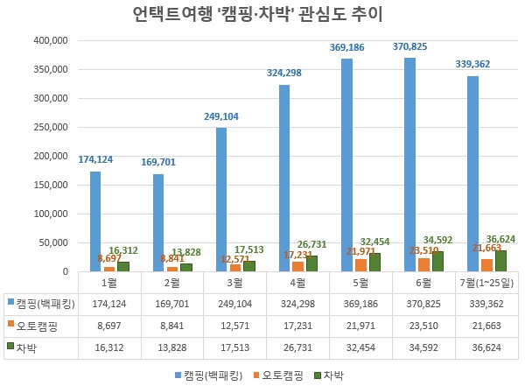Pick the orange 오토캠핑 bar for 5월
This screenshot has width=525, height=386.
click(x=360, y=265)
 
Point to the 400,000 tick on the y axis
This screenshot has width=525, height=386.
click(x=49, y=41)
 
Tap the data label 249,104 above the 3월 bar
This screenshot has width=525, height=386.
click(x=220, y=116)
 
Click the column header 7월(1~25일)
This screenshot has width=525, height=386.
click(x=486, y=283)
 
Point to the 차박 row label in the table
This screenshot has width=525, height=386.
click(x=28, y=347)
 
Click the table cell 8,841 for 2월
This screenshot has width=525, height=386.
click(x=171, y=325)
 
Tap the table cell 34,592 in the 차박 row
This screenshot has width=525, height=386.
click(x=423, y=347)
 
